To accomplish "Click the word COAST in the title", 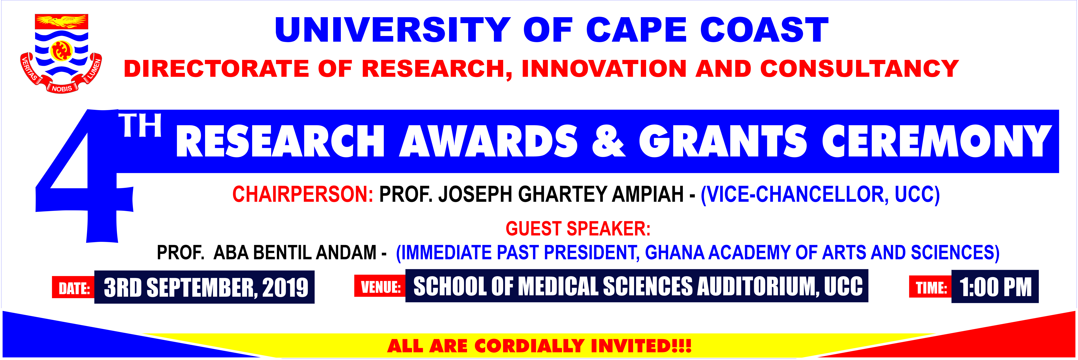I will [x=764, y=30].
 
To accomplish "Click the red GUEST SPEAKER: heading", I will [x=578, y=229].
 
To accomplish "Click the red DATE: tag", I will [x=74, y=288].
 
